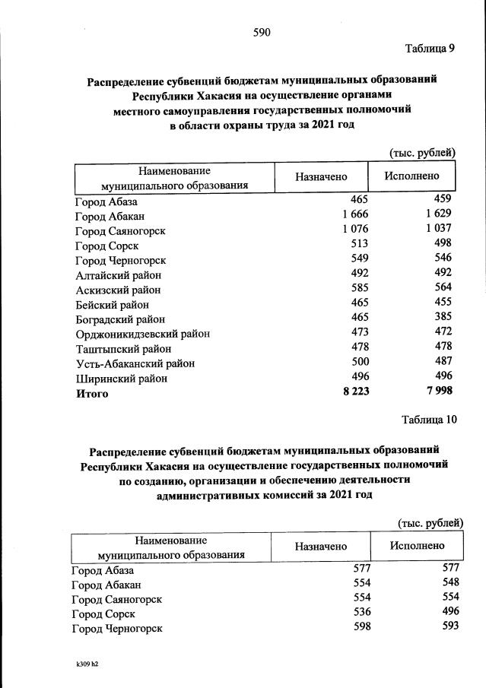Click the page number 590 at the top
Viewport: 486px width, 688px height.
262,32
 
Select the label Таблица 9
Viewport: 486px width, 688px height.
430,49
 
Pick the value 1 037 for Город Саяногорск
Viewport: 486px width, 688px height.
439,229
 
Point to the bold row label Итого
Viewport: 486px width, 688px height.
91,393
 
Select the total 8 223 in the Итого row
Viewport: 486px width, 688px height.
352,392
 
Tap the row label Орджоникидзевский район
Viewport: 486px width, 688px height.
143,334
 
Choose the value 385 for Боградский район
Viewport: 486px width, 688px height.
442,318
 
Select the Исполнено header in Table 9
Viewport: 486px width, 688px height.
413,176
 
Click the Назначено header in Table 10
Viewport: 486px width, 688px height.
321,547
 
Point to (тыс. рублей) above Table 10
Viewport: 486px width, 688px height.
430,522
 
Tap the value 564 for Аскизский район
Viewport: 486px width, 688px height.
442,288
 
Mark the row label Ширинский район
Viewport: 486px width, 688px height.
122,378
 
